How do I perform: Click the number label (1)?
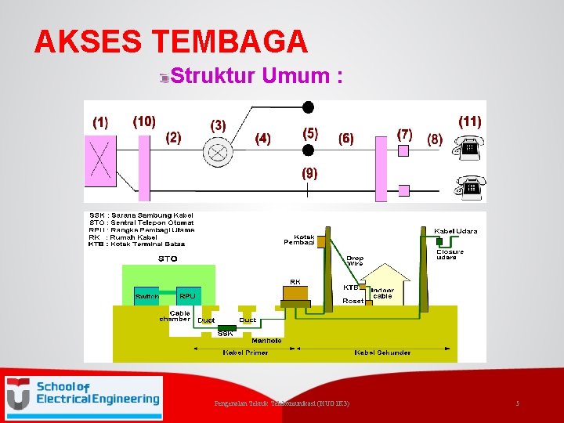[x=100, y=122]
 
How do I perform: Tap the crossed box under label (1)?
[x=99, y=162]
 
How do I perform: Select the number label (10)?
[x=144, y=121]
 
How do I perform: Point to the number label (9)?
[x=310, y=173]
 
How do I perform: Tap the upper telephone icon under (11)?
[x=470, y=147]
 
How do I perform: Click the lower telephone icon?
[x=470, y=188]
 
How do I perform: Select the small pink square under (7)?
[x=403, y=150]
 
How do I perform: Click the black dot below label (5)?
[x=309, y=150]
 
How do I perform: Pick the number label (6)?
[x=345, y=139]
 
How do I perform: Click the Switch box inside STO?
[x=147, y=296]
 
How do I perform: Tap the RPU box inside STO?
[x=187, y=295]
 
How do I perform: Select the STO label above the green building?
[x=168, y=258]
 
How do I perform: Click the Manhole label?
[x=267, y=341]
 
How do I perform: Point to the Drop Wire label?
[x=355, y=261]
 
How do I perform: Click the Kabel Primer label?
[x=245, y=352]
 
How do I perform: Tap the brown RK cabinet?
[x=295, y=293]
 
